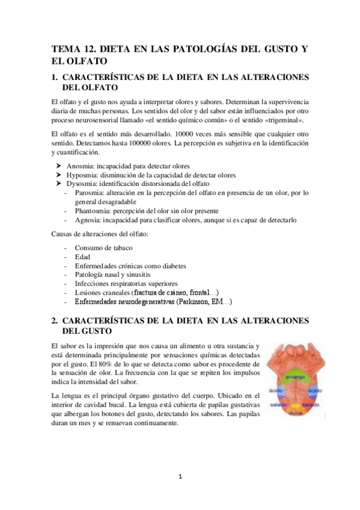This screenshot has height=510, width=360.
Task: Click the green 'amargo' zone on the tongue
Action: click(294, 378)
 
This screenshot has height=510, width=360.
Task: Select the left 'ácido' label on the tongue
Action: click(276, 390)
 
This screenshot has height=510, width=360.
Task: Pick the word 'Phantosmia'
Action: click(93, 210)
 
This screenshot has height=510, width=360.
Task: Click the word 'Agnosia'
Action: click(88, 220)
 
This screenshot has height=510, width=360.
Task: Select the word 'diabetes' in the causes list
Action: click(171, 265)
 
